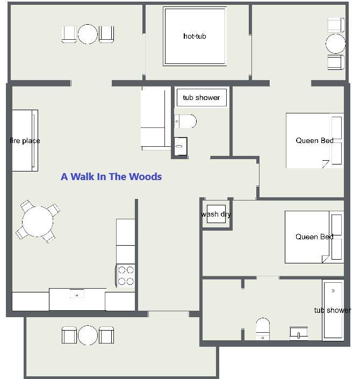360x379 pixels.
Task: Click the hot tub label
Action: click(195, 36)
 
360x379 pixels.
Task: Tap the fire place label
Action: click(25, 140)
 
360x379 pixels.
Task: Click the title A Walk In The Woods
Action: click(111, 177)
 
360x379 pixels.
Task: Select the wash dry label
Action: click(216, 214)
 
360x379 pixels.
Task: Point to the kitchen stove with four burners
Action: click(125, 276)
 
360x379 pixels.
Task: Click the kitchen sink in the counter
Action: click(77, 295)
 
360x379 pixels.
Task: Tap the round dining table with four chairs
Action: click(38, 221)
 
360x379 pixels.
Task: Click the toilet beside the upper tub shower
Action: click(185, 121)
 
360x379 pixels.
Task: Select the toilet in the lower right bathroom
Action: click(263, 328)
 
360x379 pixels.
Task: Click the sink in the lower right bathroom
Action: click(299, 333)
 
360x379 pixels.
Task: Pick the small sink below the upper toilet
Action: click(181, 146)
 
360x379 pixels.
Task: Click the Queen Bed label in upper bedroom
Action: click(314, 140)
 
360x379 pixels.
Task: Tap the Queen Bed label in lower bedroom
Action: click(314, 237)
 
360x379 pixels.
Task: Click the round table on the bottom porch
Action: click(88, 335)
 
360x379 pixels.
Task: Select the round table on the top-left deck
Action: click(88, 34)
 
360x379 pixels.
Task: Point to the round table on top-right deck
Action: click(336, 44)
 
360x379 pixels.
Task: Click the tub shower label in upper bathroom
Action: click(201, 97)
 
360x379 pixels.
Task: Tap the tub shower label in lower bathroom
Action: click(333, 310)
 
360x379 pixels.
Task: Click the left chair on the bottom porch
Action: click(69, 335)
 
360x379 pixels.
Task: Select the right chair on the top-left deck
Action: click(106, 34)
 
